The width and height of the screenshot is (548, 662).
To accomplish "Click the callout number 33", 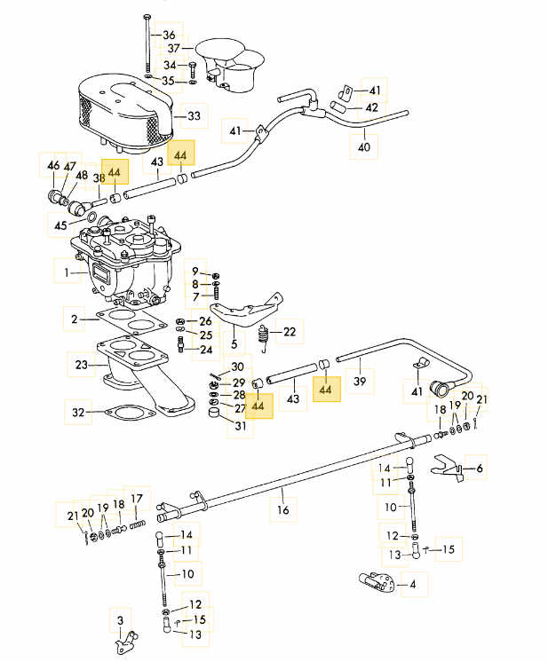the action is [194, 115].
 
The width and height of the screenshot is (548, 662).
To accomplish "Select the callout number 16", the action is [283, 509].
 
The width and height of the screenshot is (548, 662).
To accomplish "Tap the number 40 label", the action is [364, 147].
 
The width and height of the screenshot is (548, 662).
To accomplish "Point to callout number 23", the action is [81, 365].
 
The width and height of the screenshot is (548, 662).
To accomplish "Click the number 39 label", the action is [360, 382].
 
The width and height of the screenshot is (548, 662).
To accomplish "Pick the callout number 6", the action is [479, 468].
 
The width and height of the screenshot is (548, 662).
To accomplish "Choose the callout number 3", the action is [121, 620].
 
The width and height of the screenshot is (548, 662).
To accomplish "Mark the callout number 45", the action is [60, 225].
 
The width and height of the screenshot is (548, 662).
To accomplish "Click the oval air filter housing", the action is [125, 113].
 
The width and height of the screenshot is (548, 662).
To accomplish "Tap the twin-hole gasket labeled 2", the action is [131, 322].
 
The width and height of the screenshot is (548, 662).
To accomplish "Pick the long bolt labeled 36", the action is [147, 44].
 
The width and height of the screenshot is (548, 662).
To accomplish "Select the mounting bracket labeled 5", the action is [245, 311].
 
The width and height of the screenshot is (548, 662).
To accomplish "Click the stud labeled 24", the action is [181, 344].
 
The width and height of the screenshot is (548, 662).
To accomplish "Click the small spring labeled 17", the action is [138, 524].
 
